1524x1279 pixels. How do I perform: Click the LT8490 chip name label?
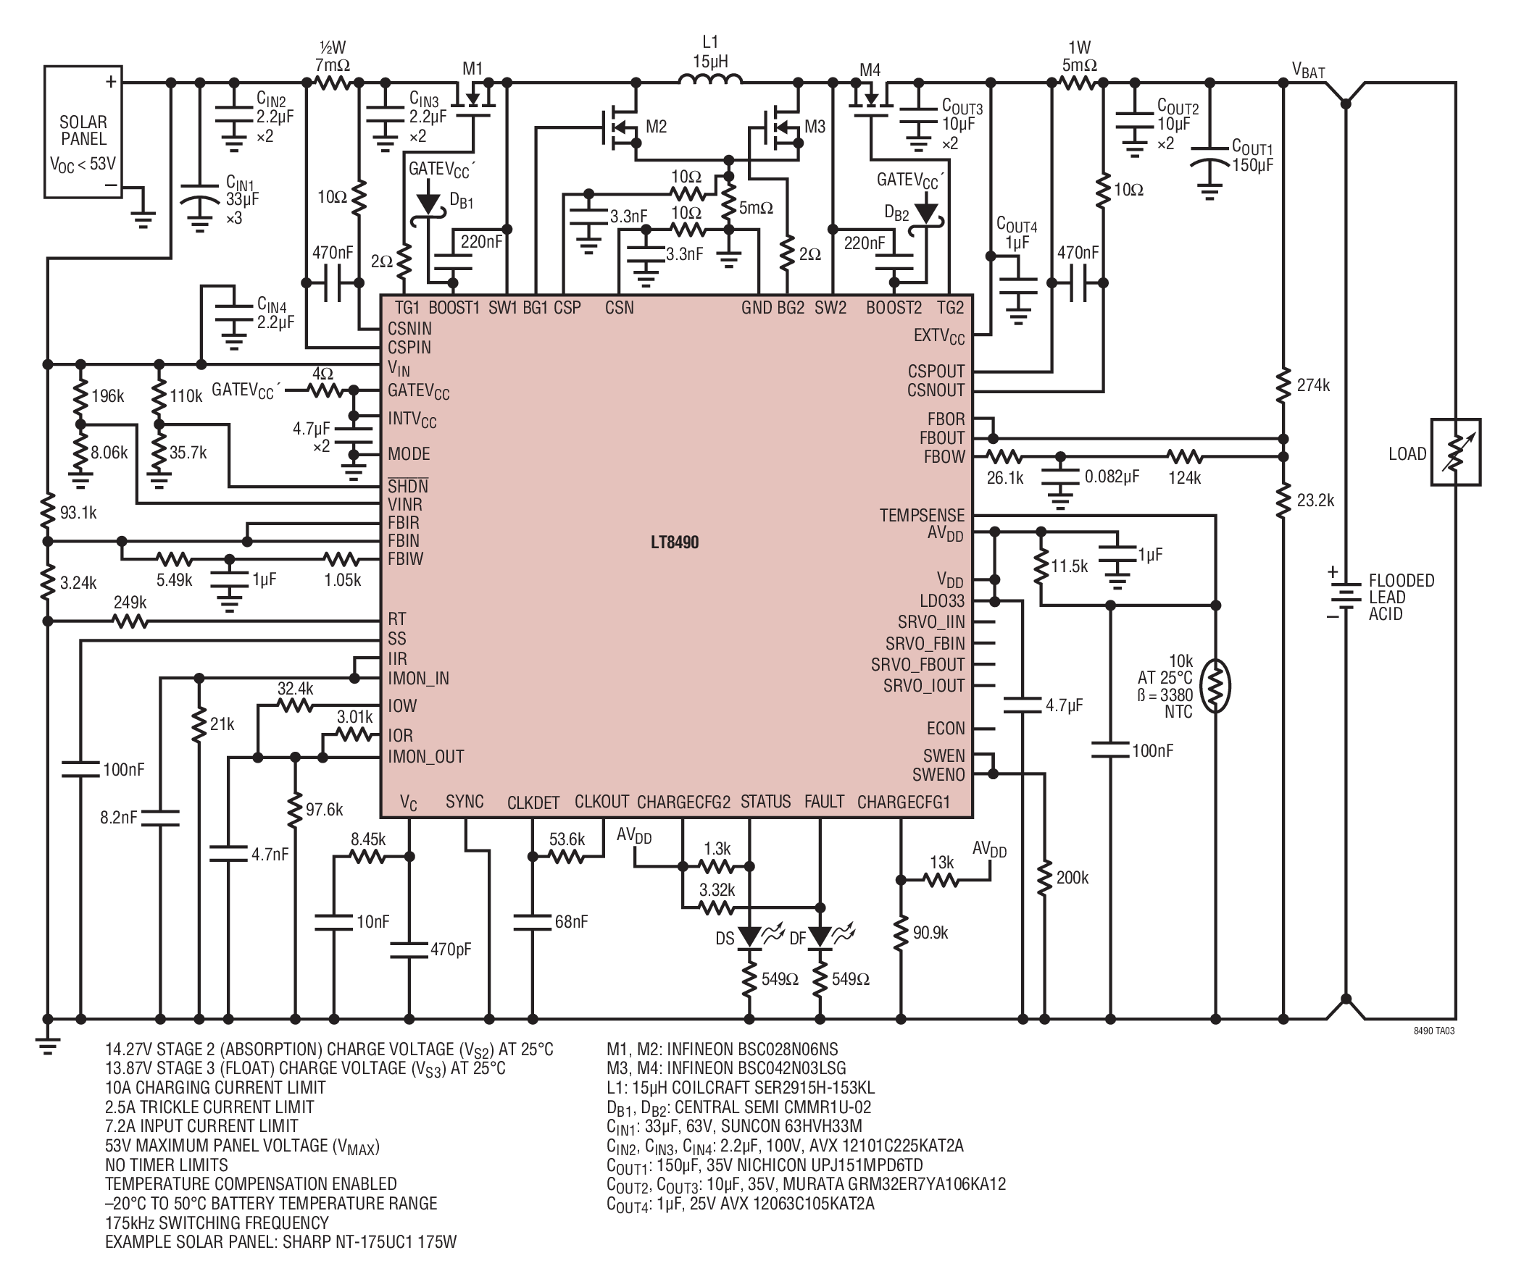[x=674, y=542]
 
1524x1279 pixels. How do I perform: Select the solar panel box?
[x=83, y=132]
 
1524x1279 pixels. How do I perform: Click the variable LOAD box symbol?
[x=1455, y=452]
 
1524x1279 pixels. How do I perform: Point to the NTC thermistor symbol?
[x=1215, y=687]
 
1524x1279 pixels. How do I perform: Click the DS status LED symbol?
[x=749, y=936]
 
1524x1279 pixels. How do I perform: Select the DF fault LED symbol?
[x=820, y=936]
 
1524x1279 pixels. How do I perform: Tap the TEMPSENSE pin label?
[x=923, y=515]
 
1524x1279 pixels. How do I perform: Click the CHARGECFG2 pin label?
[x=683, y=802]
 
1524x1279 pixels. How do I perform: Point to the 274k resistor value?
[x=1314, y=385]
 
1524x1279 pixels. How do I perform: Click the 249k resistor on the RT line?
[x=130, y=621]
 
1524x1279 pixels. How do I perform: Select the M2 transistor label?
[x=656, y=127]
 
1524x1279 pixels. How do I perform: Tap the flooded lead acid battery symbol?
[x=1346, y=596]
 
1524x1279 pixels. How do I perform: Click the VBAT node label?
[x=1309, y=70]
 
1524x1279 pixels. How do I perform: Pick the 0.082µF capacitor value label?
[x=1112, y=477]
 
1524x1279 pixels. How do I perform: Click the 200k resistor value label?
[x=1073, y=878]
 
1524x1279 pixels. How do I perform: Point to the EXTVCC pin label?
[x=939, y=336]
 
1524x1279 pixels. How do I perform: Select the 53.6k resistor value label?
[x=567, y=839]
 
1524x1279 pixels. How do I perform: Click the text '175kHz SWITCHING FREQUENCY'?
[x=217, y=1223]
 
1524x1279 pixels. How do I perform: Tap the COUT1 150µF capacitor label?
[x=1252, y=156]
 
